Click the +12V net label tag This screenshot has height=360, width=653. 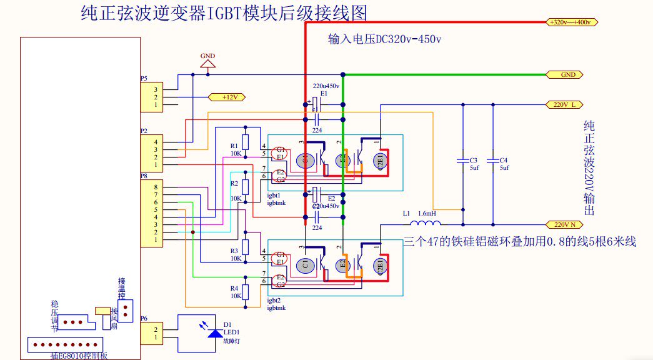226,97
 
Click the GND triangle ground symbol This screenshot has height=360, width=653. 207,63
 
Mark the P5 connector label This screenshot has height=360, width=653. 144,79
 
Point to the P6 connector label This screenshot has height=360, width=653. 144,318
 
